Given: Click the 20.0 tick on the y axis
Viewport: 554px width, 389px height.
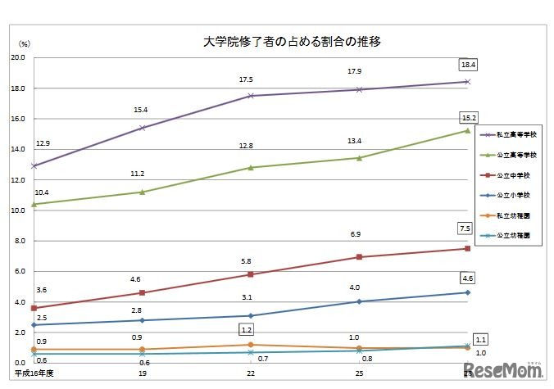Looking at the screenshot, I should pos(17,58).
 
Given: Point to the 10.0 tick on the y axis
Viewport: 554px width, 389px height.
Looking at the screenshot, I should pos(17,210).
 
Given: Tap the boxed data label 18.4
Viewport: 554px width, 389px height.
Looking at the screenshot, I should pos(467,64).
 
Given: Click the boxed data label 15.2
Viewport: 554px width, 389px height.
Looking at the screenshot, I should pos(467,116).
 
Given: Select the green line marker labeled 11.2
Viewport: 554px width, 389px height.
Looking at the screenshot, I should pos(142,192).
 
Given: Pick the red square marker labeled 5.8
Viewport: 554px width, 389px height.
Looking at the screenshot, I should pos(250,274).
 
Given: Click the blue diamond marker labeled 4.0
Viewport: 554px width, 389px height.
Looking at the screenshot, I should pos(358,301).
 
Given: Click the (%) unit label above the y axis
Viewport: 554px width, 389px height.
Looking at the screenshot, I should pos(25,43).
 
